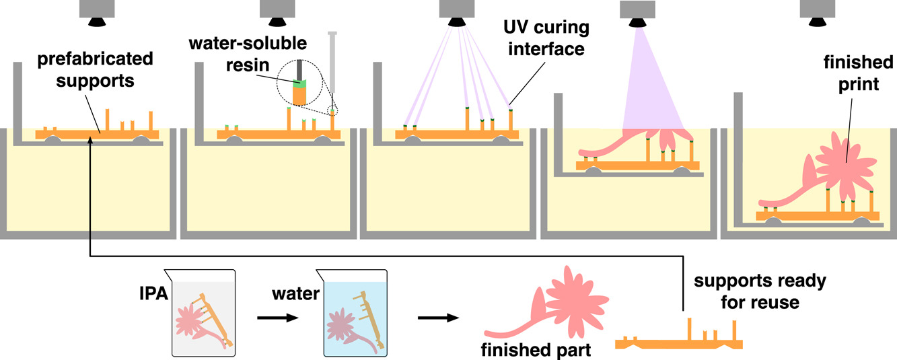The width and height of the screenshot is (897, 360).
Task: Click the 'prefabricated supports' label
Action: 96,70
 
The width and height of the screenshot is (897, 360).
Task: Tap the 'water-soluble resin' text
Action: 248,54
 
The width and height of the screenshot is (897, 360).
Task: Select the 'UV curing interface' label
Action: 546,38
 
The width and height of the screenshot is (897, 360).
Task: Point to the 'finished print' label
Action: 858,73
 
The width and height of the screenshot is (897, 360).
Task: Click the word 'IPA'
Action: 153,293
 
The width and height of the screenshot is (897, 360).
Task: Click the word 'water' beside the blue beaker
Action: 295,294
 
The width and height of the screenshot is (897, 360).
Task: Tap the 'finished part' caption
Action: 536,350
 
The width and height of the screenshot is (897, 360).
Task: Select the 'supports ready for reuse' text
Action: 760,291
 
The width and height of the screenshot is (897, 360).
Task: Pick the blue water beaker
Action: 353,313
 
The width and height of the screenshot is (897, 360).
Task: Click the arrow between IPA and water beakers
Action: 278,318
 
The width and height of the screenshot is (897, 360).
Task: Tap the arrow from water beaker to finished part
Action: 439,318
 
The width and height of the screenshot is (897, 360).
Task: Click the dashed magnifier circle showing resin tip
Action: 299,83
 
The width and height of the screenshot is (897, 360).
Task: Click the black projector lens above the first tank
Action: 97,22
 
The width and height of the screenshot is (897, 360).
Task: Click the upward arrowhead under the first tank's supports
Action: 90,140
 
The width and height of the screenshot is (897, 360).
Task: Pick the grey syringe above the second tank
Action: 332,64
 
